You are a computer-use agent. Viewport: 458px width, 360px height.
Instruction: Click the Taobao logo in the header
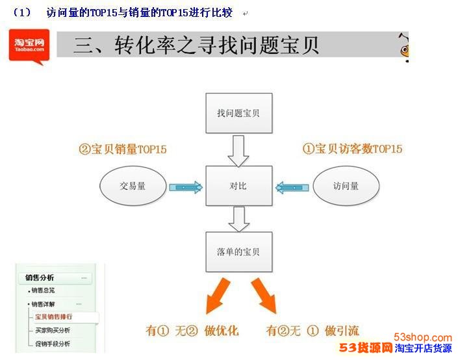[x=29, y=46]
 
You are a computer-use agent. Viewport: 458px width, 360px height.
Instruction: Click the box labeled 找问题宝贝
[x=239, y=113]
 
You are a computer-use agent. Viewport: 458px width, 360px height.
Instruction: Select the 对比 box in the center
[x=239, y=186]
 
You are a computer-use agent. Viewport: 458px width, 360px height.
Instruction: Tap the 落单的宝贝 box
[x=239, y=252]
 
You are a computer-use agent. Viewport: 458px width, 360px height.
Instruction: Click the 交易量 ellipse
[x=133, y=186]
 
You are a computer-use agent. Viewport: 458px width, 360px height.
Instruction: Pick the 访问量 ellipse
[x=346, y=186]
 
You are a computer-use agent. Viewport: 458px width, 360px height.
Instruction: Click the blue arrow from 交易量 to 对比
[x=186, y=187]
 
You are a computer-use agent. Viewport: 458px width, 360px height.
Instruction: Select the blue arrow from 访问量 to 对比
[x=292, y=187]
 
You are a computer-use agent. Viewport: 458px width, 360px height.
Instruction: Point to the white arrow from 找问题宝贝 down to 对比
[x=238, y=151]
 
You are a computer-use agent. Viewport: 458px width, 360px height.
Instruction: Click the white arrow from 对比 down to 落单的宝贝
[x=239, y=219]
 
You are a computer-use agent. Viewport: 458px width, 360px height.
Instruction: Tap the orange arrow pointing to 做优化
[x=218, y=296]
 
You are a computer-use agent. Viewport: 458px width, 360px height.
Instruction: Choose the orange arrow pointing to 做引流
[x=264, y=296]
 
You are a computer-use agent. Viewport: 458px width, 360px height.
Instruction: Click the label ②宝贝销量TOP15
[x=123, y=149]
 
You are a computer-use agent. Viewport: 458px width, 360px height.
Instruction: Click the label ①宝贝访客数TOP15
[x=352, y=149]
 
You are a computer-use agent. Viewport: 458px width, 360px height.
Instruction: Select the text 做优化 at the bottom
[x=222, y=331]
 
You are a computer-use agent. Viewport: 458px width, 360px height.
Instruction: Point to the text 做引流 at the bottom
[x=342, y=331]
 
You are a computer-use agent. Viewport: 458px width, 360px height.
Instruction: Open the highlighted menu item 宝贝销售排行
[x=53, y=316]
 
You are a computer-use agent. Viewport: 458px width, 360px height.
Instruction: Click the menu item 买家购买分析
[x=53, y=330]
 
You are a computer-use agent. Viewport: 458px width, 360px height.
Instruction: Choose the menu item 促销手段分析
[x=53, y=344]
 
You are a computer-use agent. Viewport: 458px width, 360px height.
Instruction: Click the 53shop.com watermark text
[x=423, y=337]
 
